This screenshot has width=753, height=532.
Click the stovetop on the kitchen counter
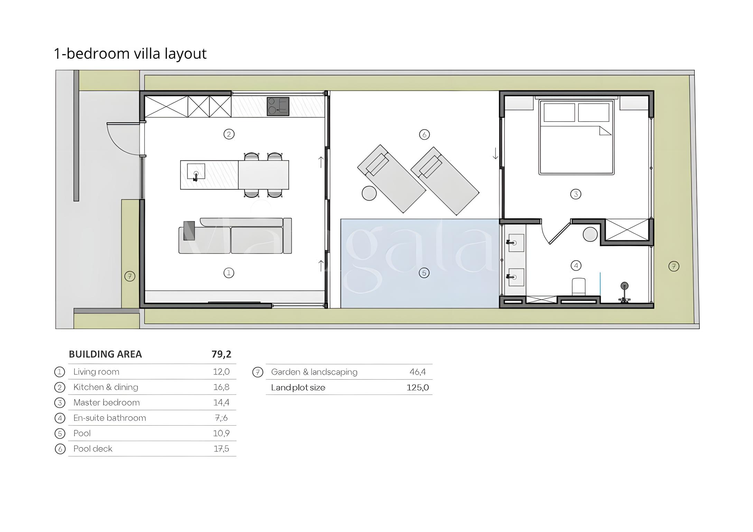pos(278,106)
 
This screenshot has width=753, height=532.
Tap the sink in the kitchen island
pos(196,172)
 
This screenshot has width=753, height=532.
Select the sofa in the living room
pos(235,236)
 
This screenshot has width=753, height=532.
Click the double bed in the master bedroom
pos(576,137)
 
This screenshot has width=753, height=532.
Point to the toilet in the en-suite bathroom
pos(579,287)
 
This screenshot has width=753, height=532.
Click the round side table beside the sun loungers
pos(369,193)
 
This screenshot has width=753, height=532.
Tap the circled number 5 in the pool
pos(424,273)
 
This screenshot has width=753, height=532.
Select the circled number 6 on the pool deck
pos(424,134)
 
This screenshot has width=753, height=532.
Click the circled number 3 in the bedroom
pos(576,194)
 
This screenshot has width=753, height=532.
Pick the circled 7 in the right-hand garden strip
pos(673,266)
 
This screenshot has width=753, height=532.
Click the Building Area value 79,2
pos(221,354)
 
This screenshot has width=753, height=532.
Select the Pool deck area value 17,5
pos(221,449)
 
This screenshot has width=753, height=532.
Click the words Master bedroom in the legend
pos(106,402)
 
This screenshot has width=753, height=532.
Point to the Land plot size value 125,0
pos(418,387)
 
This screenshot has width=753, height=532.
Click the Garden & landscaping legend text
pos(314,372)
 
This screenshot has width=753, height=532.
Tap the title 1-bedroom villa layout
pos(130,54)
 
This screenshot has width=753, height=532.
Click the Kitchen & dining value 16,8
pos(221,387)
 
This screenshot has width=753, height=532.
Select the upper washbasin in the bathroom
pos(515,243)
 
